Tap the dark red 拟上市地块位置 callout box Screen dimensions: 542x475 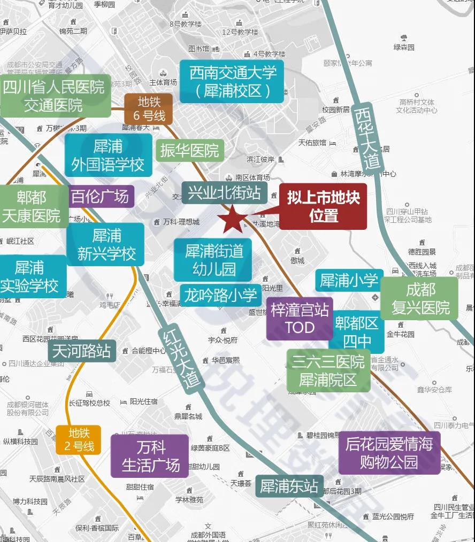coord(323,206)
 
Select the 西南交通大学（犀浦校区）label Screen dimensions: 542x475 coord(232,81)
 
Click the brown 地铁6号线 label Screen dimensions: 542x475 coord(148,109)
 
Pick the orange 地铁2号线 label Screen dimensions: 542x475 coord(78,439)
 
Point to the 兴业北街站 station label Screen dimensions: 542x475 coord(224,192)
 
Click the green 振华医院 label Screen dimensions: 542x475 coord(189,150)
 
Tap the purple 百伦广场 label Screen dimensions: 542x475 coord(101,197)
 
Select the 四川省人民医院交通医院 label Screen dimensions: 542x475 coord(55,95)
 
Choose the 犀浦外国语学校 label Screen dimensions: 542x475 coord(108,155)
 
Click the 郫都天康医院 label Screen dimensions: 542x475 coord(32,207)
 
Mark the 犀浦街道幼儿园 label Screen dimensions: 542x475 coord(213,260)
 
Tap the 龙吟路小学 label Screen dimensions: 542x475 coord(220,295)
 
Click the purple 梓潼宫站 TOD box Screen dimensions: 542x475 coord(300,319)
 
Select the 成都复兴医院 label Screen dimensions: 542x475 coord(419,298)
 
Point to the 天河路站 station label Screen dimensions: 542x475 coord(82,351)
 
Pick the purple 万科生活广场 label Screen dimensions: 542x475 coord(150,456)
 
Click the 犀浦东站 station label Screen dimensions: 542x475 coord(289,486)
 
